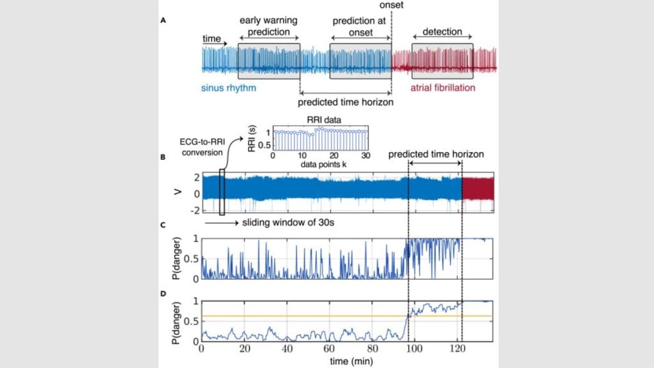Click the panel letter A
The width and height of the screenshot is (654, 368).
(x=164, y=20)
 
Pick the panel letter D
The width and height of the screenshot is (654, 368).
(x=164, y=295)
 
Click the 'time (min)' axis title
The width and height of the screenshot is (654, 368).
(x=347, y=361)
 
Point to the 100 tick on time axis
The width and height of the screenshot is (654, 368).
(x=414, y=349)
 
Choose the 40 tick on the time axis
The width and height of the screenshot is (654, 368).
(x=287, y=349)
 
